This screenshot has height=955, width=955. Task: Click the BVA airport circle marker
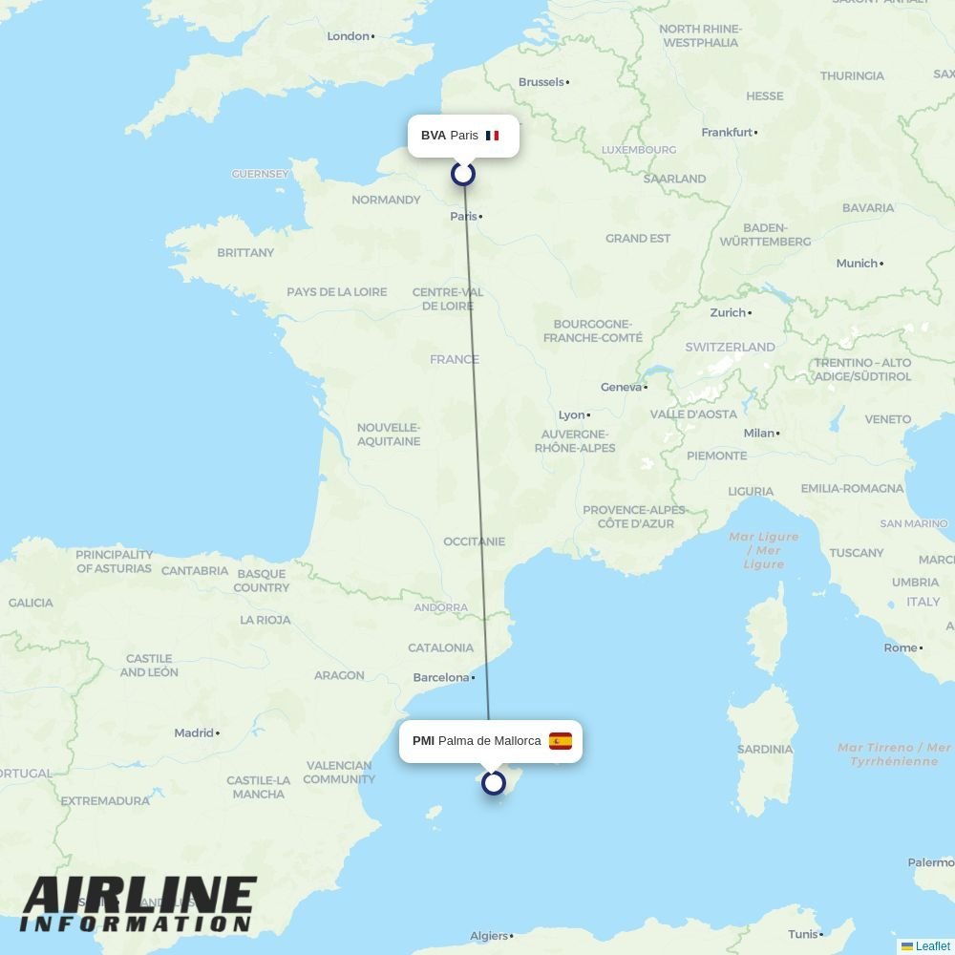click(x=463, y=174)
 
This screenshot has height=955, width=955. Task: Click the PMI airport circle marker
click(x=494, y=783)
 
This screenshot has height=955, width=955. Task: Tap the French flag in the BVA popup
click(x=492, y=136)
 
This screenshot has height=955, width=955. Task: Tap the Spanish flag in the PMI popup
click(x=561, y=741)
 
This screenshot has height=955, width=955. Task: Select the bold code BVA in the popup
click(x=433, y=136)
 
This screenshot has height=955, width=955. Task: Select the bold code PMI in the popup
click(x=423, y=741)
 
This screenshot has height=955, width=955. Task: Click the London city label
click(x=349, y=36)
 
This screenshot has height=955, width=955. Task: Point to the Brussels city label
click(x=541, y=82)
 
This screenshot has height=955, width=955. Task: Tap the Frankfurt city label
click(x=727, y=133)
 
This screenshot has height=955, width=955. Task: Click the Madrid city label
click(x=194, y=733)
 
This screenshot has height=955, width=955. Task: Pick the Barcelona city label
click(x=441, y=678)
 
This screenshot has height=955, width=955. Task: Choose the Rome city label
click(x=901, y=647)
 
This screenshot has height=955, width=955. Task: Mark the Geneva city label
click(x=621, y=387)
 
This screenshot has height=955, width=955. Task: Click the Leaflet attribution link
click(x=932, y=946)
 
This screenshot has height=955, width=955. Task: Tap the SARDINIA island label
click(x=765, y=750)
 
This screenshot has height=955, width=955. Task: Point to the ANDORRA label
click(x=441, y=607)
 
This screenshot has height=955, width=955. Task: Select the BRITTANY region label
click(x=245, y=253)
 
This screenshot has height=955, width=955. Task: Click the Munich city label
click(x=857, y=264)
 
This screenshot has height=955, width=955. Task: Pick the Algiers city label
click(x=489, y=936)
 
